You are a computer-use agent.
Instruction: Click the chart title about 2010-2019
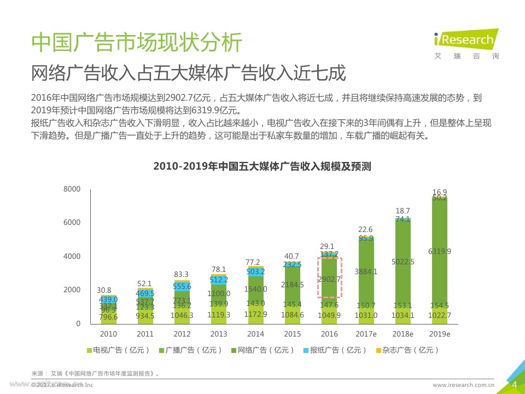tap(262, 166)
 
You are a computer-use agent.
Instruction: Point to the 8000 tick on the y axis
tap(72, 189)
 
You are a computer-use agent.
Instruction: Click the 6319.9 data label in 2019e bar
tap(440, 252)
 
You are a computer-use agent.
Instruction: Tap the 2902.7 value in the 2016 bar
tap(329, 280)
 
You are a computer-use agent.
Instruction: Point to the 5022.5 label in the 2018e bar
tap(403, 262)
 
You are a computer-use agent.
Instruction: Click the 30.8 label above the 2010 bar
tap(104, 291)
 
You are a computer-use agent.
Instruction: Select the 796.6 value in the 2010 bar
tap(108, 317)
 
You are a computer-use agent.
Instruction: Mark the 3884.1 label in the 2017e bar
tap(366, 271)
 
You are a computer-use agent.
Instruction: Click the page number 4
tap(514, 385)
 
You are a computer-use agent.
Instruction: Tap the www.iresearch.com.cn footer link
tap(463, 385)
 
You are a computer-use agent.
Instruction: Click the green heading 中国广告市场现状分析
tap(136, 43)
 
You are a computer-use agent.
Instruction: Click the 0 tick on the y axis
tap(78, 323)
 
